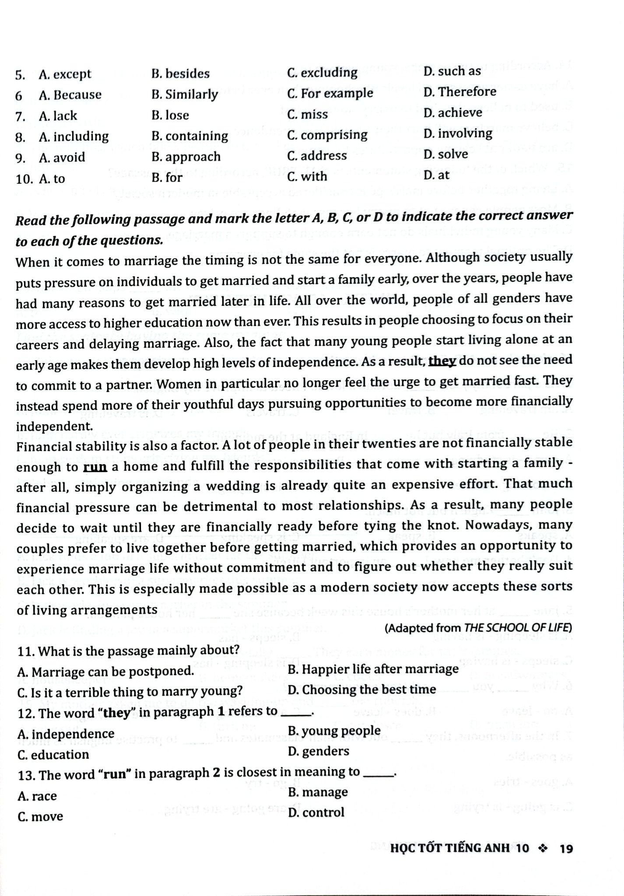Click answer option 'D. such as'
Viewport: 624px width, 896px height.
click(452, 71)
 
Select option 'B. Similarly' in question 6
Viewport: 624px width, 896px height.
click(185, 94)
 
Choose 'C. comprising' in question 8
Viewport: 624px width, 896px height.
click(327, 135)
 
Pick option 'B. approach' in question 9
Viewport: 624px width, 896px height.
click(186, 157)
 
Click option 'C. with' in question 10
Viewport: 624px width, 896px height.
click(307, 176)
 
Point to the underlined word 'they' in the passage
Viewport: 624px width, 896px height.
click(442, 360)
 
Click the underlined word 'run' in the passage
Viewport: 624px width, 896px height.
click(95, 467)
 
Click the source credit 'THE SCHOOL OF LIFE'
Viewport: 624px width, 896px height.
click(518, 628)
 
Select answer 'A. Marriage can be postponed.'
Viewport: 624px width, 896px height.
click(105, 671)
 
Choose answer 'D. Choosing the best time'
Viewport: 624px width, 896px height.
click(362, 689)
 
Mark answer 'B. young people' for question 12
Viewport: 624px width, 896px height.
click(334, 731)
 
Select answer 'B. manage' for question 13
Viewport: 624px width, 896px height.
click(318, 792)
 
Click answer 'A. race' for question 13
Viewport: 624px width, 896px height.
click(37, 796)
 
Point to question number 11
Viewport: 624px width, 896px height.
click(26, 651)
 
